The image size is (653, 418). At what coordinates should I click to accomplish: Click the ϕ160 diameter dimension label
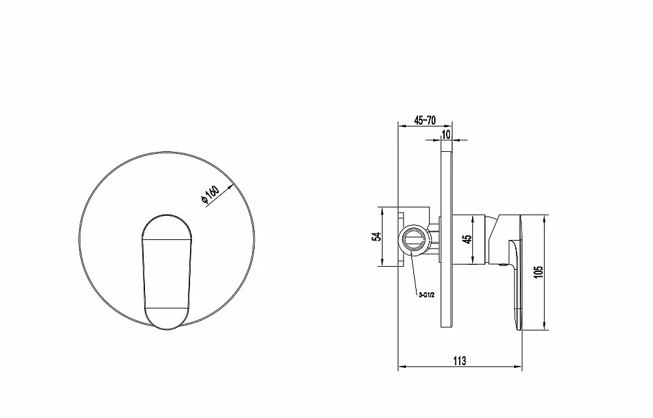click(x=210, y=194)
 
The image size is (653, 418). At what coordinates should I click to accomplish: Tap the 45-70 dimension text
click(x=425, y=121)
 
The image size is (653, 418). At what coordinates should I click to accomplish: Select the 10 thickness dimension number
click(x=446, y=135)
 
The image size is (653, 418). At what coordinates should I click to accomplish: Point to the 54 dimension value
click(x=377, y=237)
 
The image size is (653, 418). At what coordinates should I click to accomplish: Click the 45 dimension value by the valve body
click(x=468, y=239)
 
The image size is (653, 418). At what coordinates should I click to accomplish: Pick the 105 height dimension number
click(x=539, y=273)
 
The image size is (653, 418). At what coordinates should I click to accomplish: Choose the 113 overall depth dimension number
click(x=459, y=361)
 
